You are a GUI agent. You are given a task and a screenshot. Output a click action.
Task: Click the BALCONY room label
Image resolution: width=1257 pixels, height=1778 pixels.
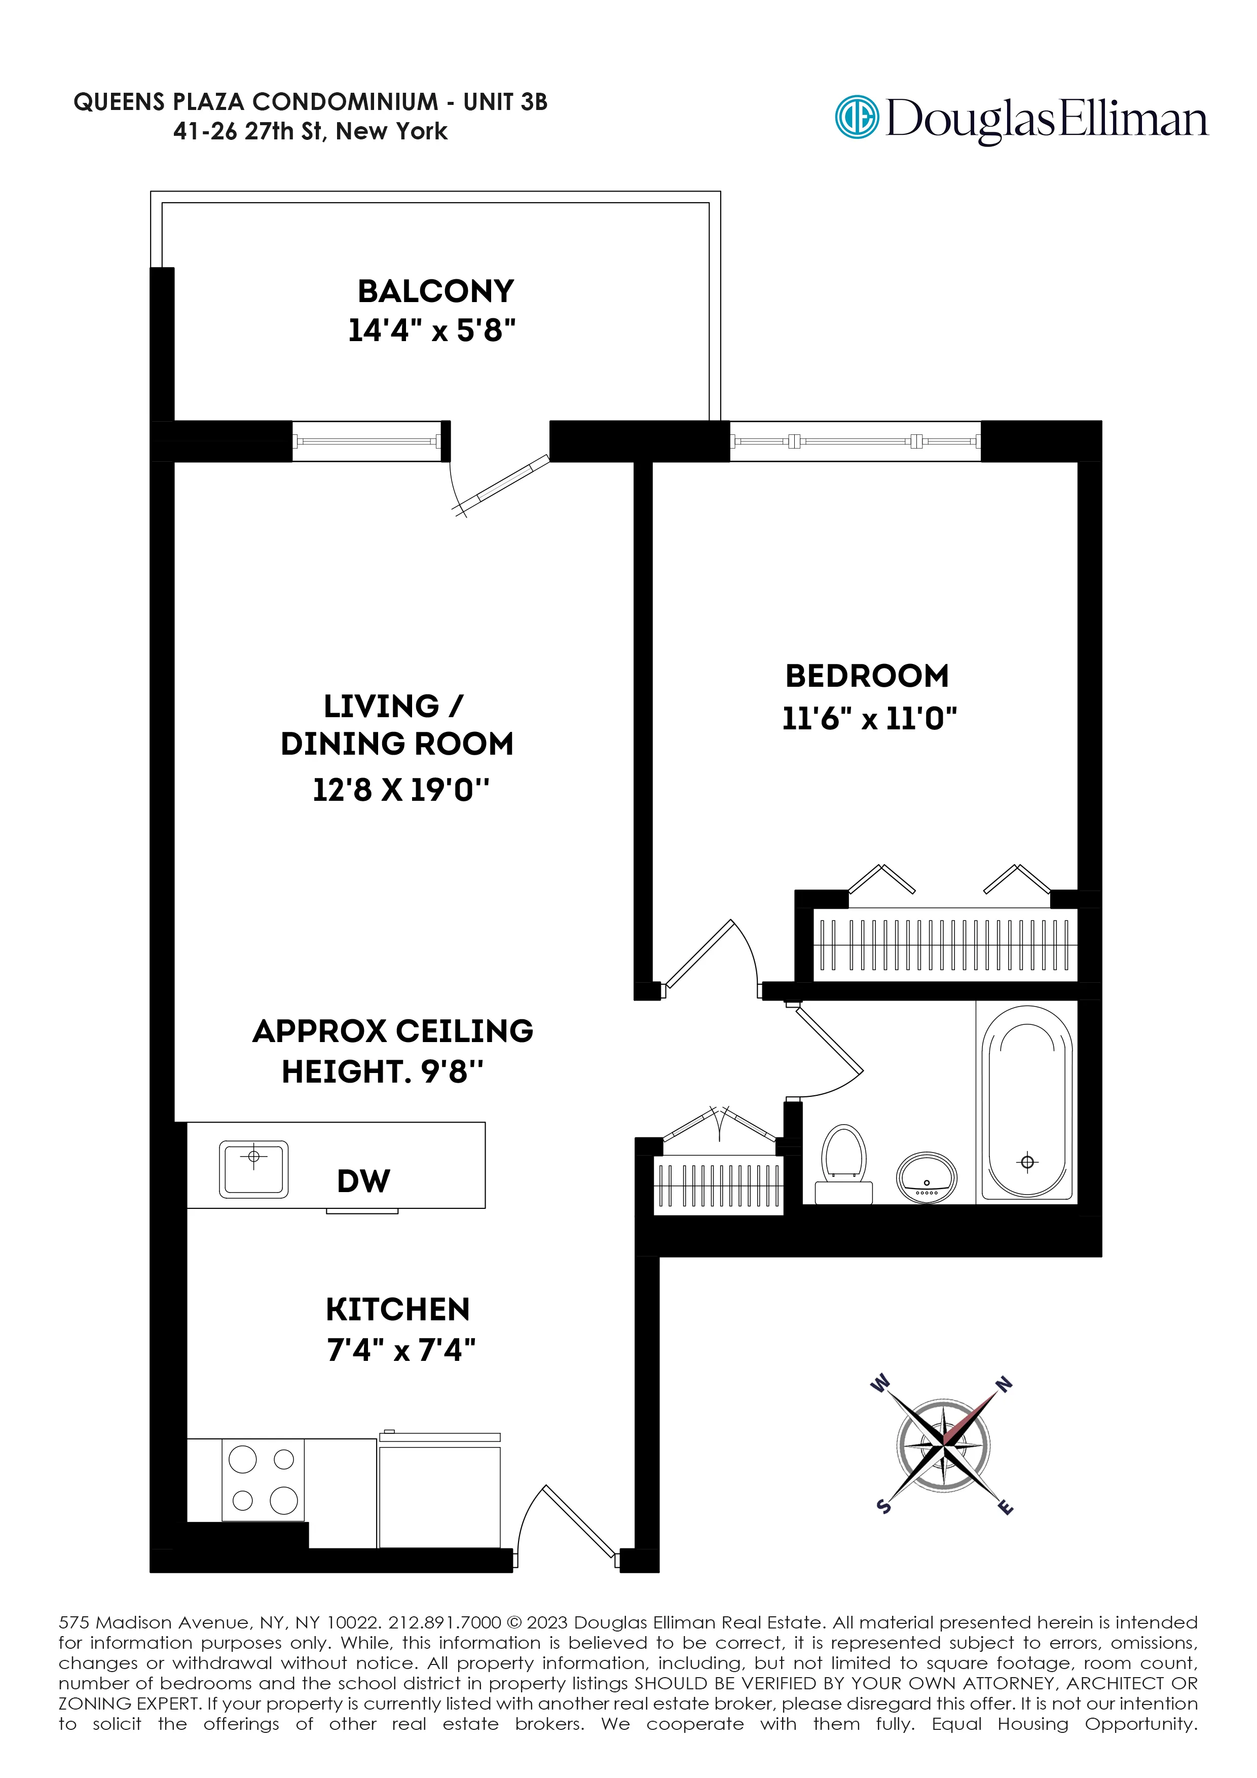(x=435, y=291)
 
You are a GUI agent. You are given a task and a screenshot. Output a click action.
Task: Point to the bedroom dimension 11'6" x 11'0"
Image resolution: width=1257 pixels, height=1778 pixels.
(x=869, y=719)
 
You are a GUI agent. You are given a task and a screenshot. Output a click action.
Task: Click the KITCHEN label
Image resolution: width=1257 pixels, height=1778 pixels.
(x=397, y=1310)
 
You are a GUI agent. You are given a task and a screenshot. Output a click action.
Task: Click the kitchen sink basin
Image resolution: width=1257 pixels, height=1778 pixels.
(x=253, y=1169)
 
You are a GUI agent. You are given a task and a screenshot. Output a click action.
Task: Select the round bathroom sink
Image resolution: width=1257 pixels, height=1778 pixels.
(x=927, y=1178)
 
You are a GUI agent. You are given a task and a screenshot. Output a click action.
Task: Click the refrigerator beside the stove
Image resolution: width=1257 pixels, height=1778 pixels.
(x=439, y=1495)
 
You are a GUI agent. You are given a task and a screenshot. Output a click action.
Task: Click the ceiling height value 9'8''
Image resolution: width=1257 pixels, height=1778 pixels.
(x=452, y=1072)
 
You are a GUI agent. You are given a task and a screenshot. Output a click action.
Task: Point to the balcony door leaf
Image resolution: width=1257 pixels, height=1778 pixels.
(x=512, y=479)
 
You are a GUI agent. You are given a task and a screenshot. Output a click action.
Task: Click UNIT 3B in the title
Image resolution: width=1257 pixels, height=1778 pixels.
(x=505, y=101)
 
